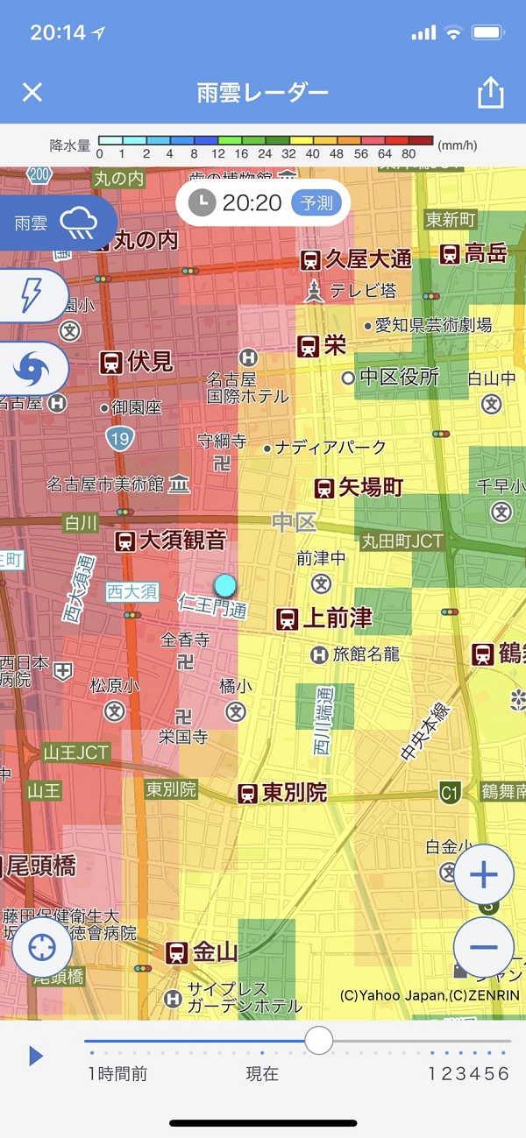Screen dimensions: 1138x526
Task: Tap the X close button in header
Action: [32, 92]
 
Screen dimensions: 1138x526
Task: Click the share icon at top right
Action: [490, 93]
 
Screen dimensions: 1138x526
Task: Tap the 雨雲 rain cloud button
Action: [58, 223]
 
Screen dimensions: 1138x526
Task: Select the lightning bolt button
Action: [32, 296]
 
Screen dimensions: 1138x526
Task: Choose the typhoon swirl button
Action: [32, 369]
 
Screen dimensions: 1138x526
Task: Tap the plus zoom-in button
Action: [483, 875]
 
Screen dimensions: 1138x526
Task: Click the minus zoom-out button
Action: [483, 947]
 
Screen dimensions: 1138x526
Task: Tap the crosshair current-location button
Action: [42, 948]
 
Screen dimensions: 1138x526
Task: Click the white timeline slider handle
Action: [318, 1041]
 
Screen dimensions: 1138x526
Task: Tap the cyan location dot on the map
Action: [225, 584]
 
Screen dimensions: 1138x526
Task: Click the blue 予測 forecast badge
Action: [316, 203]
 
